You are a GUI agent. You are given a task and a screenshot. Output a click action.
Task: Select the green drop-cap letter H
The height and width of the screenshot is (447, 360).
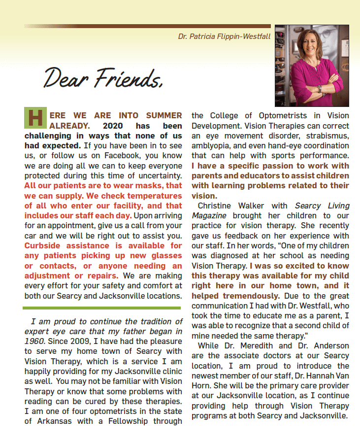point(35,119)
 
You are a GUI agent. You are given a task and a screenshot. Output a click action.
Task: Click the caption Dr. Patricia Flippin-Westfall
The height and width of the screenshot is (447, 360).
point(224,36)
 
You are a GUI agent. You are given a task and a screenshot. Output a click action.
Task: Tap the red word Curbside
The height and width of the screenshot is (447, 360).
point(44,245)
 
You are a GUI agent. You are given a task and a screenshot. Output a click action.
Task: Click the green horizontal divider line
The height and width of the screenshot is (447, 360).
point(102,308)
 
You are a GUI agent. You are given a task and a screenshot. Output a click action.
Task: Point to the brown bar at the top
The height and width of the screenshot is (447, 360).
point(147,26)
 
